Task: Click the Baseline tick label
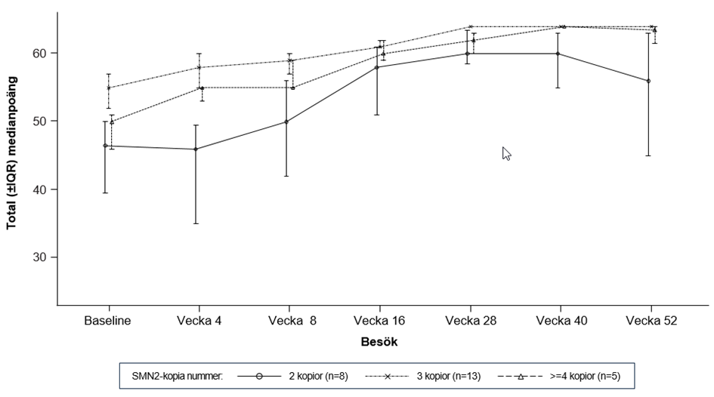108,320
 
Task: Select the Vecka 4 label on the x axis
199,320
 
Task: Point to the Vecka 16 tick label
380,320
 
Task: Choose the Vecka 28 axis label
470,320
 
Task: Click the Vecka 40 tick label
561,320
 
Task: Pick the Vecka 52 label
651,320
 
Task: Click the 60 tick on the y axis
41,54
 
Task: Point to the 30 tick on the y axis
41,257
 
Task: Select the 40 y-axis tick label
41,189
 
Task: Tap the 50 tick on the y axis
41,122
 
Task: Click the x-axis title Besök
379,341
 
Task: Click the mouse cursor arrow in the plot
506,153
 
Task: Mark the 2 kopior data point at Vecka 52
648,81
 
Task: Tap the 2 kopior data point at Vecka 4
196,149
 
